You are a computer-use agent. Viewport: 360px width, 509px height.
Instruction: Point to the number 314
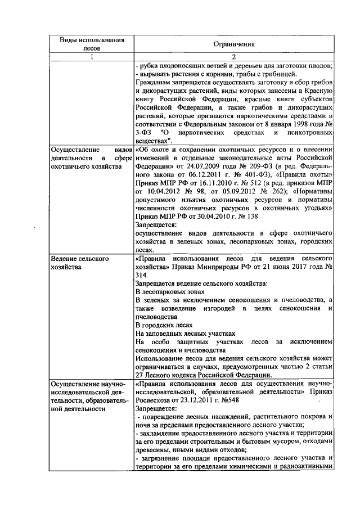(142, 275)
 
